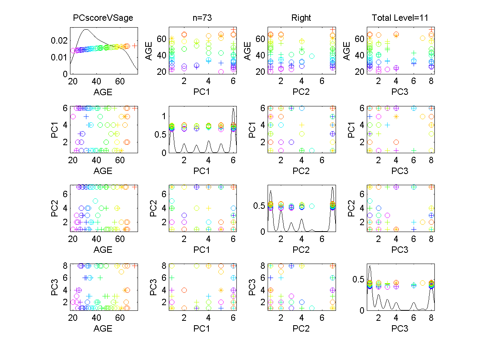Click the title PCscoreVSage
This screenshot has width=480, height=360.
103,18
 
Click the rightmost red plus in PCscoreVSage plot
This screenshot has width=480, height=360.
135,46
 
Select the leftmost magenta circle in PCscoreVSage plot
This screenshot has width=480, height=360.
73,50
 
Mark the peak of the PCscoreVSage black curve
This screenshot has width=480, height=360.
86,29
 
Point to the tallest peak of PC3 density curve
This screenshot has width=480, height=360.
370,266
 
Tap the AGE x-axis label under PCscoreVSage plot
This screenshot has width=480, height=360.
103,92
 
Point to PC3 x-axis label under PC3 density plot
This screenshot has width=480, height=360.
400,329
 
